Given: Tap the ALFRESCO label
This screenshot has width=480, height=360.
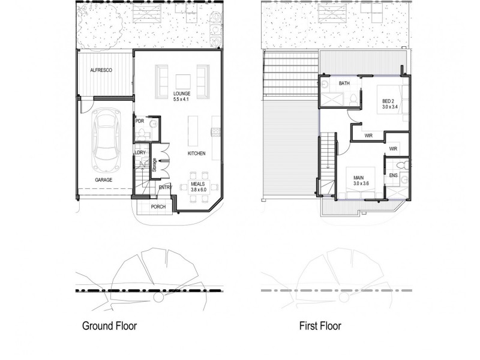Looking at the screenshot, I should (101, 70).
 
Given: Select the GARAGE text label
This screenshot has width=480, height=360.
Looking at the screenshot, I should (104, 179).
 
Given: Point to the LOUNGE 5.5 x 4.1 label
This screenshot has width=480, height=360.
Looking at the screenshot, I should (181, 97).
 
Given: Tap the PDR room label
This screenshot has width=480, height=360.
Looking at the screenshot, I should (140, 121).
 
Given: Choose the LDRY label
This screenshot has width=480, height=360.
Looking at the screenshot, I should (140, 152).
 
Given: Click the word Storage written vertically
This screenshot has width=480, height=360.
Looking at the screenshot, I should (155, 164).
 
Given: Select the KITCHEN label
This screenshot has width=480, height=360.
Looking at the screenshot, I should (196, 154).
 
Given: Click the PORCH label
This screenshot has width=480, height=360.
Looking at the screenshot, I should (158, 207).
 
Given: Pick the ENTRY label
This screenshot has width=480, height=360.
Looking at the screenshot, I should (165, 188).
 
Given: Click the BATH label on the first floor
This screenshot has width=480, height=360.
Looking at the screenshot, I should (344, 83).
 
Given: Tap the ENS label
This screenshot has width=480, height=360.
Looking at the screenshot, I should (393, 175).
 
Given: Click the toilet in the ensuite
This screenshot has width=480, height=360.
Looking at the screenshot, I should (404, 164).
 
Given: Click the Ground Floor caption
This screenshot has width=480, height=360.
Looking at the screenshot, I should (109, 326).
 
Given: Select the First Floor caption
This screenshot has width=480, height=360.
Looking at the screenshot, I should (321, 326).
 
